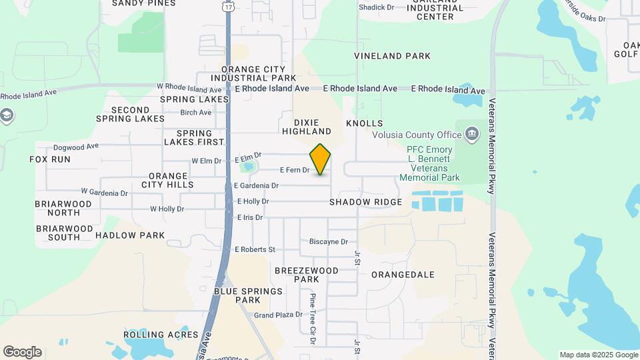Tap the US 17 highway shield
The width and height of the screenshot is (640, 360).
pyautogui.click(x=229, y=6)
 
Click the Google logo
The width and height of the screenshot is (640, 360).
pyautogui.click(x=22, y=352)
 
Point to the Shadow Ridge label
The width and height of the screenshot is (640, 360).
pyautogui.click(x=365, y=202)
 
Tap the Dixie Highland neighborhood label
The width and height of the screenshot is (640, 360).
pyautogui.click(x=307, y=127)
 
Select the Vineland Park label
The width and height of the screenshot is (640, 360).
pyautogui.click(x=392, y=56)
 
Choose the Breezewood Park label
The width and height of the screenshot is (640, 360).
pyautogui.click(x=307, y=275)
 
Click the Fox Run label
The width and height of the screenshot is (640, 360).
pyautogui.click(x=50, y=159)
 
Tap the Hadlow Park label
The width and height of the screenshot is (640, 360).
pyautogui.click(x=130, y=235)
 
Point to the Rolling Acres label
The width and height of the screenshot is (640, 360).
pyautogui.click(x=161, y=335)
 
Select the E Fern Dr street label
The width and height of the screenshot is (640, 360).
pyautogui.click(x=295, y=170)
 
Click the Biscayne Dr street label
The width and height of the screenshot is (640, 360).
pyautogui.click(x=329, y=241)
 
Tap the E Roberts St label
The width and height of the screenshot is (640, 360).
pyautogui.click(x=255, y=249)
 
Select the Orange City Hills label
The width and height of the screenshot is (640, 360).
pyautogui.click(x=162, y=180)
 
